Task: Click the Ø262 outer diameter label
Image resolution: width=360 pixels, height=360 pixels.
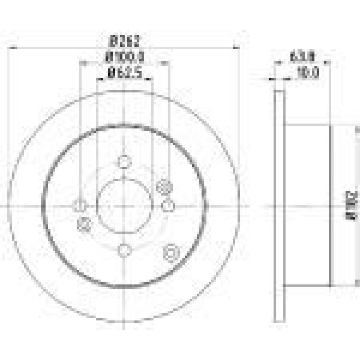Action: coord(124,43)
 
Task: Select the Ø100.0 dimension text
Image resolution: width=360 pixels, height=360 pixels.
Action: coord(124,58)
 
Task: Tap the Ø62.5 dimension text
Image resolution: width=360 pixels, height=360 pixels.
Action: coord(124,74)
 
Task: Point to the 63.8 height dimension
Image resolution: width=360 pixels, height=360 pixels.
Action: coord(302,58)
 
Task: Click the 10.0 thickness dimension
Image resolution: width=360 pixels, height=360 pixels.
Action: coord(307,74)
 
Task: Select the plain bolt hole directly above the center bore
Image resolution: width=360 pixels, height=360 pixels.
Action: coord(124,161)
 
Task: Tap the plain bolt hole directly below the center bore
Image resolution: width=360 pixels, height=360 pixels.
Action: coord(124,250)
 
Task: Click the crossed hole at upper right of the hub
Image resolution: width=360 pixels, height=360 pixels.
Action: coord(163,188)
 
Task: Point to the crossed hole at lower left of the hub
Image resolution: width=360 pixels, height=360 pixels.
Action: coord(85,224)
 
